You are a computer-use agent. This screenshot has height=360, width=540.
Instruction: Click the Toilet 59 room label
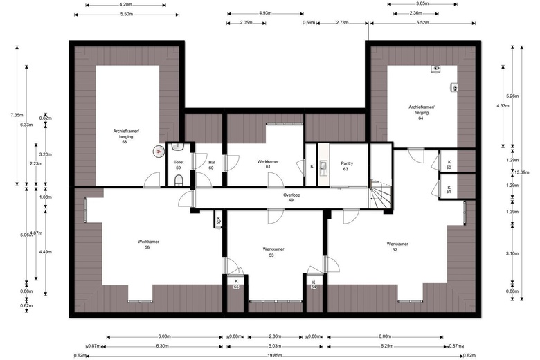(179, 165)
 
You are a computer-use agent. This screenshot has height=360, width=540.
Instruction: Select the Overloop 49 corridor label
(291, 197)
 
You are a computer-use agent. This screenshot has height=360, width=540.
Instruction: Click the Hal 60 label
(211, 165)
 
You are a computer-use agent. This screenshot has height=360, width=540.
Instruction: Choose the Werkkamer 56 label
(148, 244)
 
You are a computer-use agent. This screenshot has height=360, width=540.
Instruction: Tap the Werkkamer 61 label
(268, 164)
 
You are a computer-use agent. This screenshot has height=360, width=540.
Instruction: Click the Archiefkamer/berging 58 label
(126, 136)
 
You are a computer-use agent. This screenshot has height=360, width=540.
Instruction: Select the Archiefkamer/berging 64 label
(422, 112)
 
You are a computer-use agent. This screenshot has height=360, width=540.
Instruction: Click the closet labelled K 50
(449, 165)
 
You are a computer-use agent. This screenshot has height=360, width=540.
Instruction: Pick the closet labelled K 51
(449, 190)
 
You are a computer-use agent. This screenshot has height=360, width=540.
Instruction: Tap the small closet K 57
(218, 220)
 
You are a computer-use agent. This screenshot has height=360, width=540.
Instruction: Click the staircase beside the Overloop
(381, 195)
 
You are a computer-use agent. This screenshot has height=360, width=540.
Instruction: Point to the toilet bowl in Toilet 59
(179, 180)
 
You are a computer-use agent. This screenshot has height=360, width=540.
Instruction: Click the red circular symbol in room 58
(159, 151)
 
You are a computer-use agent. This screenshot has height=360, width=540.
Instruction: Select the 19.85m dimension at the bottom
(276, 356)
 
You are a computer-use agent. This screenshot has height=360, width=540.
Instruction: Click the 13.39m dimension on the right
(522, 172)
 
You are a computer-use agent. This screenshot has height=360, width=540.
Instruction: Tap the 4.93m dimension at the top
(265, 14)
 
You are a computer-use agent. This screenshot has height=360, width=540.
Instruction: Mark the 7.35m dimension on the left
(17, 115)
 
